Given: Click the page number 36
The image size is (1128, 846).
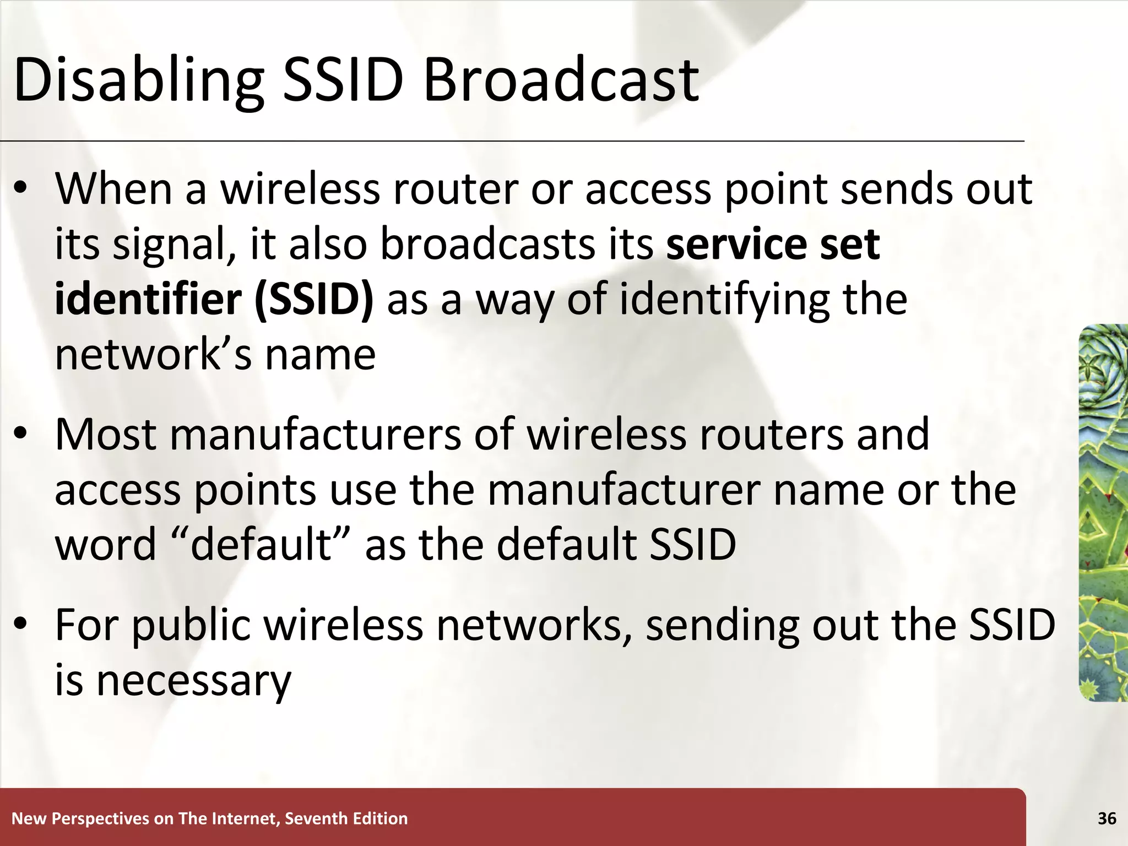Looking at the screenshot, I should click(1107, 818).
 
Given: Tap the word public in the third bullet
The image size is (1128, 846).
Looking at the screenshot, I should click(191, 626).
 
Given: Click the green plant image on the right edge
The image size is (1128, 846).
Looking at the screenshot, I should click(1103, 512).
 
